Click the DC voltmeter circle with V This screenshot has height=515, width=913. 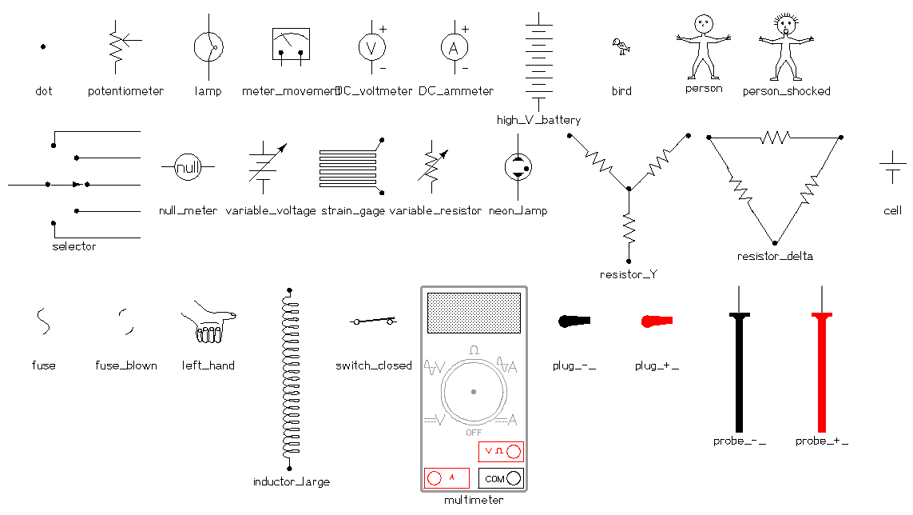[x=371, y=48]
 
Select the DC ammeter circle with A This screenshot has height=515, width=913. [x=454, y=48]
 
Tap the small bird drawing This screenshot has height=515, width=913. [x=620, y=47]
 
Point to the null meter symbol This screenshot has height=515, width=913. [x=189, y=168]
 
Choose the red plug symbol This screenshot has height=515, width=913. [x=657, y=321]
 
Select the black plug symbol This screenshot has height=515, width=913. [x=574, y=321]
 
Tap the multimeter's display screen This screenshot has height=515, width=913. [x=474, y=313]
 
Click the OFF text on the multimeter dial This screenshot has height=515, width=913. [x=474, y=432]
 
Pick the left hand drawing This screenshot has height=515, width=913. [x=208, y=323]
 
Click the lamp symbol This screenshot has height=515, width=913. [x=208, y=47]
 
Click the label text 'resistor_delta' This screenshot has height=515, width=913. [x=774, y=257]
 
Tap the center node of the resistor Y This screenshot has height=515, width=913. [x=629, y=190]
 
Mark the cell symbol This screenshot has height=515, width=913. [x=892, y=168]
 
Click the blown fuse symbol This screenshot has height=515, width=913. [x=126, y=322]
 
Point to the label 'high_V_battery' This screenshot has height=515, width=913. [x=538, y=120]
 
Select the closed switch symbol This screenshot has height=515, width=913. [x=373, y=321]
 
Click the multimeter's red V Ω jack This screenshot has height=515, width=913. [x=513, y=452]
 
